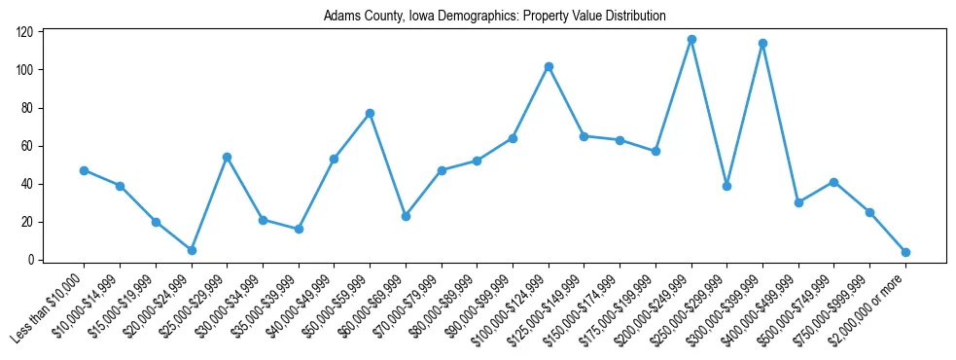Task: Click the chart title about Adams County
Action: (x=495, y=16)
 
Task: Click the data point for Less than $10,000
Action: (x=84, y=170)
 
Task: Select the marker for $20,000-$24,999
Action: (x=192, y=250)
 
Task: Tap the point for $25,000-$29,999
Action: (x=227, y=157)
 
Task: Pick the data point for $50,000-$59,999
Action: (x=370, y=113)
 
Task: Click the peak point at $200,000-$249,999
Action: (x=691, y=39)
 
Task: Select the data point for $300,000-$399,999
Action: (x=762, y=43)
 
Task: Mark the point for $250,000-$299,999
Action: (x=726, y=186)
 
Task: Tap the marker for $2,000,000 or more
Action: (x=905, y=252)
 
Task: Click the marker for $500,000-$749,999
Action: (x=833, y=182)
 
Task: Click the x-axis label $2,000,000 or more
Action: (x=870, y=309)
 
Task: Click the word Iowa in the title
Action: (x=409, y=16)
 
